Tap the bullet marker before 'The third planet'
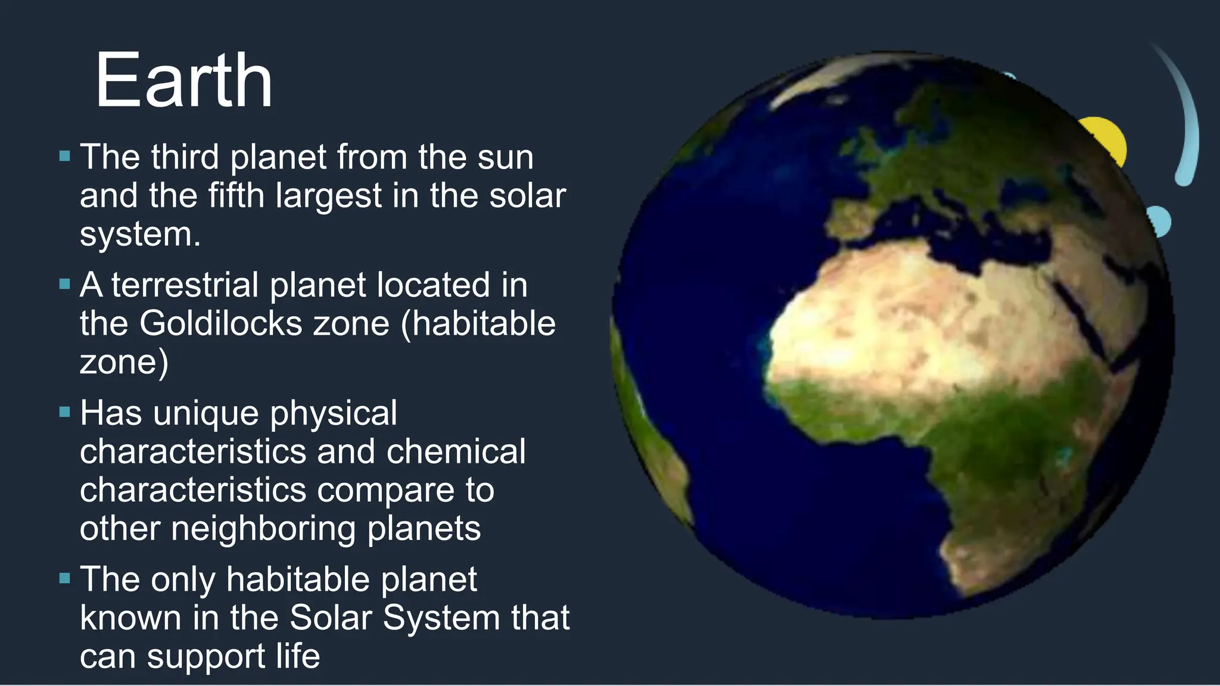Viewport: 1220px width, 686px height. [65, 157]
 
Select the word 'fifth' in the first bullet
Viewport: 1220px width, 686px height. [236, 195]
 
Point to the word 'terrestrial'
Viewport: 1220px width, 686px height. [185, 285]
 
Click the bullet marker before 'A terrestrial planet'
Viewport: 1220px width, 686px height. [65, 285]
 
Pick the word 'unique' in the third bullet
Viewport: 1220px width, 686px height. [206, 413]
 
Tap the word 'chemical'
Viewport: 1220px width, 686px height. [456, 451]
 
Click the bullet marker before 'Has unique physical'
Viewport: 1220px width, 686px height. [65, 412]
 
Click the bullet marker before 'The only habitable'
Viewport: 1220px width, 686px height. [65, 578]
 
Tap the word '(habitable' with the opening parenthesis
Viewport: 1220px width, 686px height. [478, 323]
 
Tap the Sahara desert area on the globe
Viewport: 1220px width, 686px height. [894, 316]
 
